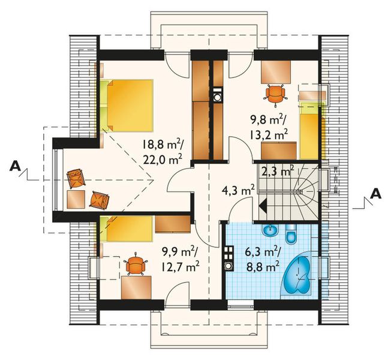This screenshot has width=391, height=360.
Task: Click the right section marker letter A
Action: pyautogui.click(x=375, y=193)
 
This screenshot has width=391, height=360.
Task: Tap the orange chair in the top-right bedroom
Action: pyautogui.click(x=274, y=93)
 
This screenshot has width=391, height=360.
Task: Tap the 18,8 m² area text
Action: pyautogui.click(x=163, y=145)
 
